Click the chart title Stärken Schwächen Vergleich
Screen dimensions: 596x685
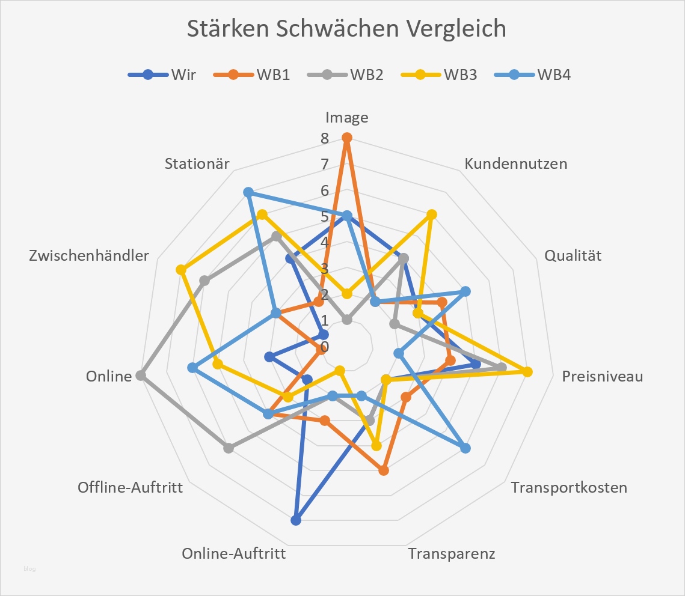346,29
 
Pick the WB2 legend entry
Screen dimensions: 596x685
345,75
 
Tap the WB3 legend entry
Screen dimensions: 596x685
438,75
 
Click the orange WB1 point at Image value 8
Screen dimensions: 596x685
346,138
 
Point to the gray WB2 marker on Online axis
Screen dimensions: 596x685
141,376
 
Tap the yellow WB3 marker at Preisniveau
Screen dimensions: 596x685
527,372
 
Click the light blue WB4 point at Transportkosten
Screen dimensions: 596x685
465,448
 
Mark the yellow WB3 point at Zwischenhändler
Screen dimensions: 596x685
180,270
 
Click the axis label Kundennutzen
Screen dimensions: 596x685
516,163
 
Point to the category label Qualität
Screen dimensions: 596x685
573,255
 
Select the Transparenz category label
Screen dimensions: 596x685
452,553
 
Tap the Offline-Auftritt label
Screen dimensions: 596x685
130,487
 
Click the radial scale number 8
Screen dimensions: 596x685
325,139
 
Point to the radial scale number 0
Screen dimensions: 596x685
325,347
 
